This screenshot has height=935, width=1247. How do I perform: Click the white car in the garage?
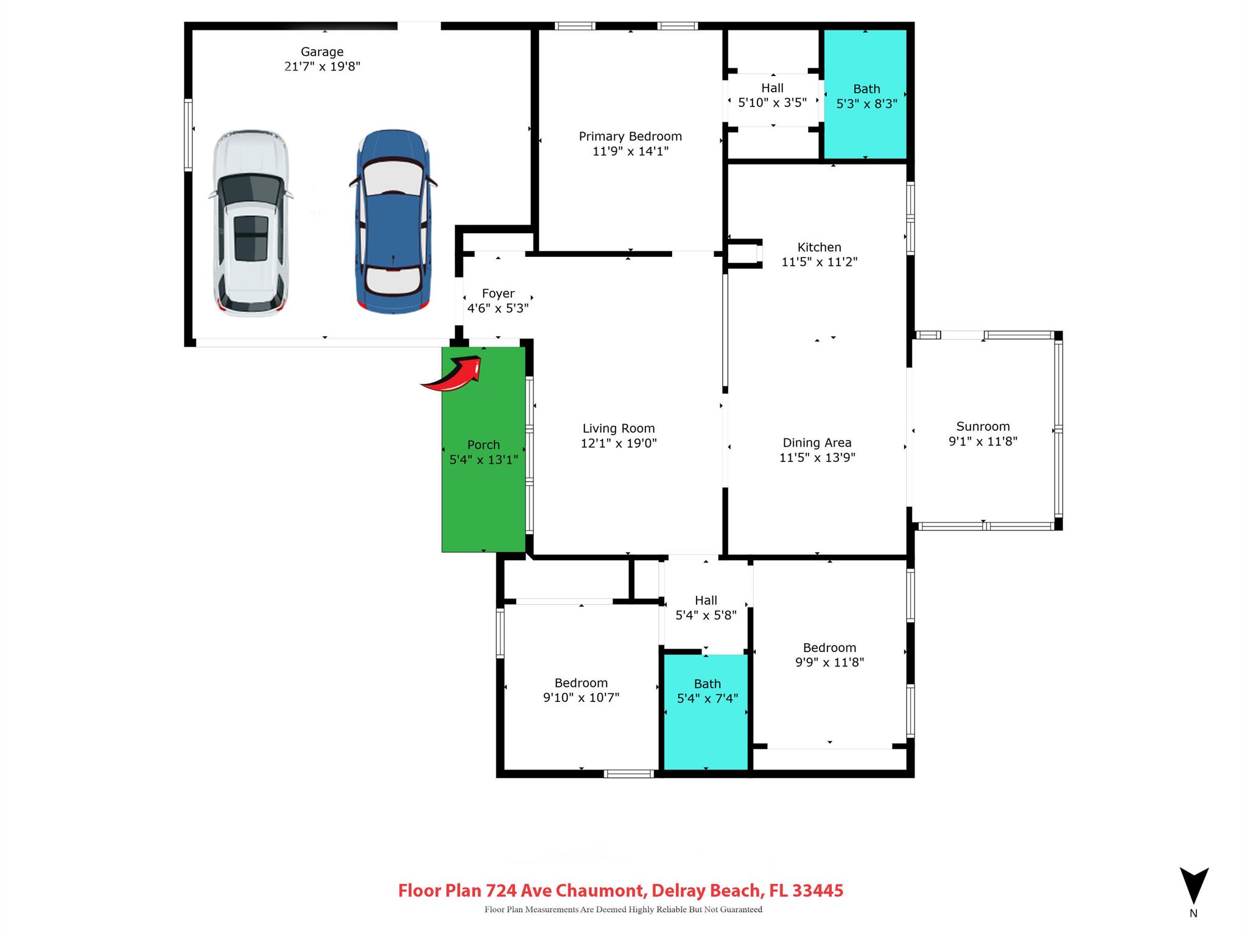tap(250, 223)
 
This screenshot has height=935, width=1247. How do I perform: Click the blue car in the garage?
tap(393, 222)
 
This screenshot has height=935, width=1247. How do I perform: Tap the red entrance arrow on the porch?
tap(454, 375)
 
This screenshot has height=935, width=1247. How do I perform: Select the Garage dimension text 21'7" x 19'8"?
tap(322, 66)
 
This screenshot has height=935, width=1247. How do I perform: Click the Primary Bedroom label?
tap(630, 136)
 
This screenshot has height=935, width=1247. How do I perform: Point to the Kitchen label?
tap(819, 247)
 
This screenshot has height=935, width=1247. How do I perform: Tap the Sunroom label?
tap(983, 427)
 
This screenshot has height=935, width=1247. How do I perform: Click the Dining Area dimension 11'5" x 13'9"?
tap(817, 458)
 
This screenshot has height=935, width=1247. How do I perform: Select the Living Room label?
tap(619, 429)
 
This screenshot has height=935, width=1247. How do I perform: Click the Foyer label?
tap(498, 293)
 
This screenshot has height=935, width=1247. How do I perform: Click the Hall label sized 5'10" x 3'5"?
tap(772, 88)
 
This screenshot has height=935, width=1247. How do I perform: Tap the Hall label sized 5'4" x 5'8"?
tap(706, 600)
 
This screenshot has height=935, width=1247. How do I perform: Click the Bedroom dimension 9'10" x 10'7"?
tap(581, 698)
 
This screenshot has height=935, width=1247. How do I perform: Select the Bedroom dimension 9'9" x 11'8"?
tap(829, 662)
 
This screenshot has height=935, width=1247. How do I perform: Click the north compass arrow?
tap(1193, 886)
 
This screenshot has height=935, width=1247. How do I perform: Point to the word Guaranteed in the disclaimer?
tap(741, 909)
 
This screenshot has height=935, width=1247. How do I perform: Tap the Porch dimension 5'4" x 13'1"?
tap(483, 460)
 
